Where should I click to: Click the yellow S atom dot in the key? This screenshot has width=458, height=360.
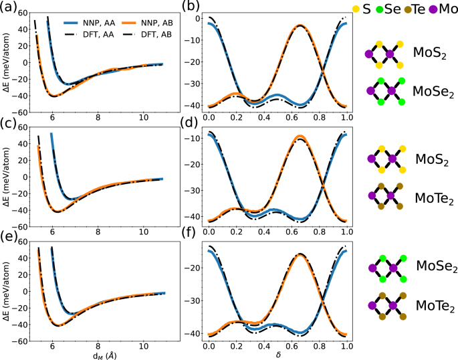355,9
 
